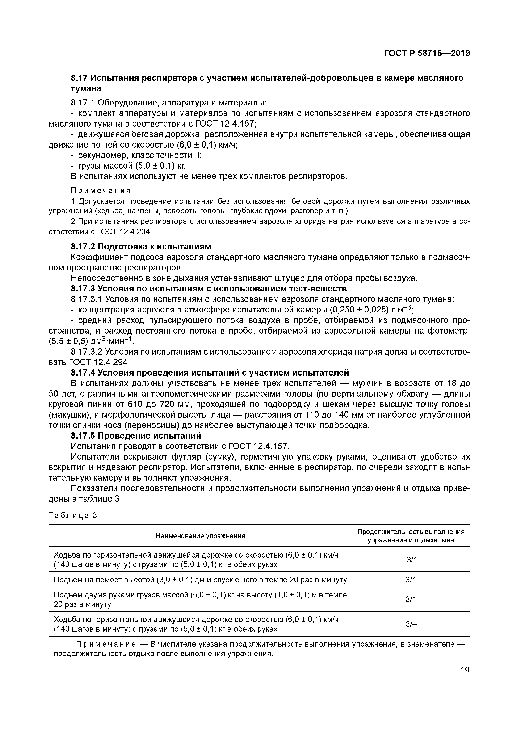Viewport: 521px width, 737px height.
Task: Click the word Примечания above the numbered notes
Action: coord(101,191)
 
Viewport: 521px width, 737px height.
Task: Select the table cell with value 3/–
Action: coord(411,624)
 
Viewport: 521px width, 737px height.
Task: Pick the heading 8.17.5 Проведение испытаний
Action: coord(136,436)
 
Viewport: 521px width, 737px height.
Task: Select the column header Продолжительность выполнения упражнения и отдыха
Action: coord(411,536)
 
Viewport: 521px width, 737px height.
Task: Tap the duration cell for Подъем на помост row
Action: coord(411,580)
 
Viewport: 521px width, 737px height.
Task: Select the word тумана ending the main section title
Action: coord(86,89)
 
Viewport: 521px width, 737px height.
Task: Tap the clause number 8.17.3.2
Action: coord(87,352)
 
